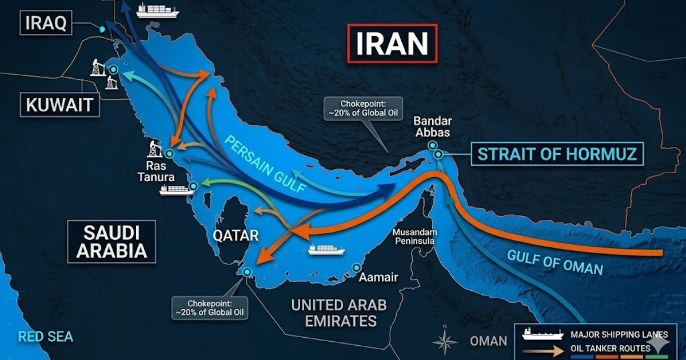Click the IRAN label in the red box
click(392, 43)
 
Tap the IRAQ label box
click(46, 23)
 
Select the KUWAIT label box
click(59, 105)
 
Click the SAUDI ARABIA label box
click(111, 242)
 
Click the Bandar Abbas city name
click(433, 127)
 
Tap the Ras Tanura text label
click(155, 172)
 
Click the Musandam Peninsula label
click(415, 237)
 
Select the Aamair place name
click(378, 278)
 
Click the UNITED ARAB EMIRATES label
click(339, 313)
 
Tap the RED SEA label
click(45, 337)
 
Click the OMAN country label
click(488, 341)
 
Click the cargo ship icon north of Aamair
click(326, 249)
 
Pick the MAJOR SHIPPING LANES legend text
click(619, 334)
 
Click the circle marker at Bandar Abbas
click(438, 154)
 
